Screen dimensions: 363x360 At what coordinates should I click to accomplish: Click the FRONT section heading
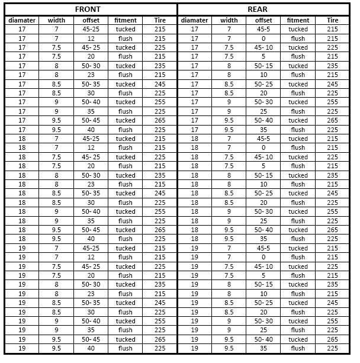pyautogui.click(x=88, y=9)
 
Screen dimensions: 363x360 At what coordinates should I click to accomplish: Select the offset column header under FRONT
pyautogui.click(x=91, y=20)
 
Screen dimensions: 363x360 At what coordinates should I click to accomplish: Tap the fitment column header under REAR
pyautogui.click(x=298, y=20)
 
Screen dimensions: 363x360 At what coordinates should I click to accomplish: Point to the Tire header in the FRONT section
pyautogui.click(x=159, y=20)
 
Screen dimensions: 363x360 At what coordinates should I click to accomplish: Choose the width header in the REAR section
pyautogui.click(x=229, y=20)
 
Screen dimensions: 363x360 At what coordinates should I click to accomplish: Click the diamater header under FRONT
pyautogui.click(x=22, y=20)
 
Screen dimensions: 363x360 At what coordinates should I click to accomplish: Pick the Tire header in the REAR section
pyautogui.click(x=333, y=20)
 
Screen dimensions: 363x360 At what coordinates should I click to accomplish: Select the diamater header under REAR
pyautogui.click(x=194, y=20)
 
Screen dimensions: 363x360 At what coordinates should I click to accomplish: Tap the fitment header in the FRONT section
pyautogui.click(x=125, y=20)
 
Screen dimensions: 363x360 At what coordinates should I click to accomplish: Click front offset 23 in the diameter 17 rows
pyautogui.click(x=91, y=75)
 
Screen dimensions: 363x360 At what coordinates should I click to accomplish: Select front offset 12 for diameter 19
pyautogui.click(x=91, y=258)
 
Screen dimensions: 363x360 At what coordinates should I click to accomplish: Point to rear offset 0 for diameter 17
pyautogui.click(x=263, y=38)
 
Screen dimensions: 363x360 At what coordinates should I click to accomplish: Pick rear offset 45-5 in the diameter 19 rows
pyautogui.click(x=263, y=248)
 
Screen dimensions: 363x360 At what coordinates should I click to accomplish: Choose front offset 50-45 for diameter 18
pyautogui.click(x=91, y=230)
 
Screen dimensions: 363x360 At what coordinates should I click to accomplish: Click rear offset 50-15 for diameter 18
pyautogui.click(x=263, y=175)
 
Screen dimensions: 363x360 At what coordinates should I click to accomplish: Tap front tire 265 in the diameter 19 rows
pyautogui.click(x=159, y=339)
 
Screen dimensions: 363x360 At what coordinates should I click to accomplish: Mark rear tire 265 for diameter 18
pyautogui.click(x=333, y=230)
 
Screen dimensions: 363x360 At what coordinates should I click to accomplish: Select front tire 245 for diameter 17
pyautogui.click(x=159, y=84)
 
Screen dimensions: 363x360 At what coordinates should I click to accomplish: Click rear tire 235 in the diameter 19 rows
pyautogui.click(x=333, y=285)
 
